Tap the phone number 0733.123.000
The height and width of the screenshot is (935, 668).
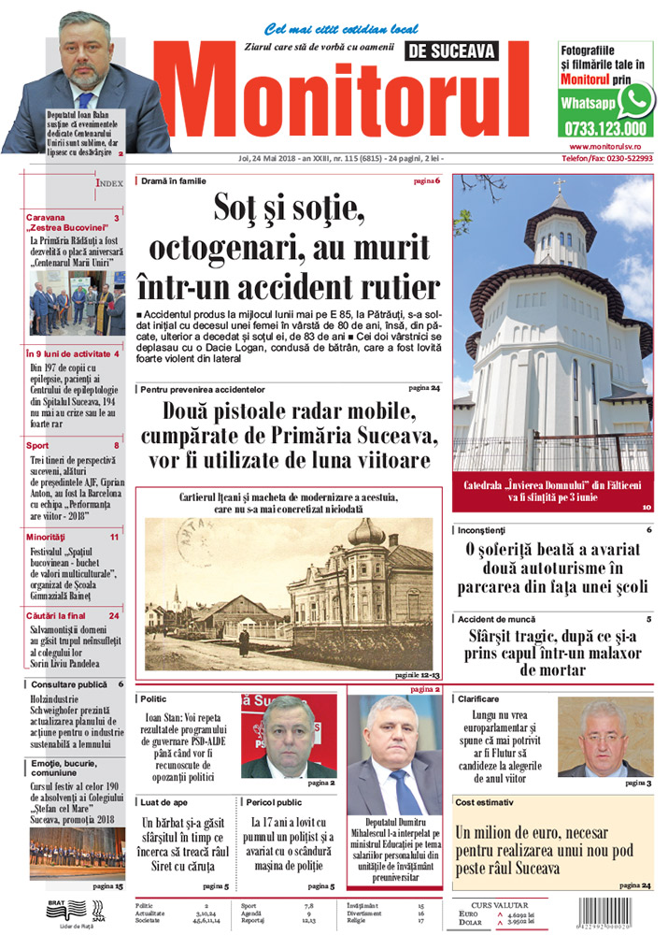point(604,129)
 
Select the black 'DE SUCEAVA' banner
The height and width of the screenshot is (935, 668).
point(452,51)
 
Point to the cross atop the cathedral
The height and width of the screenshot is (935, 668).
point(560,185)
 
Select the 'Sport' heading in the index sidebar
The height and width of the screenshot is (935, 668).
point(38,446)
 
